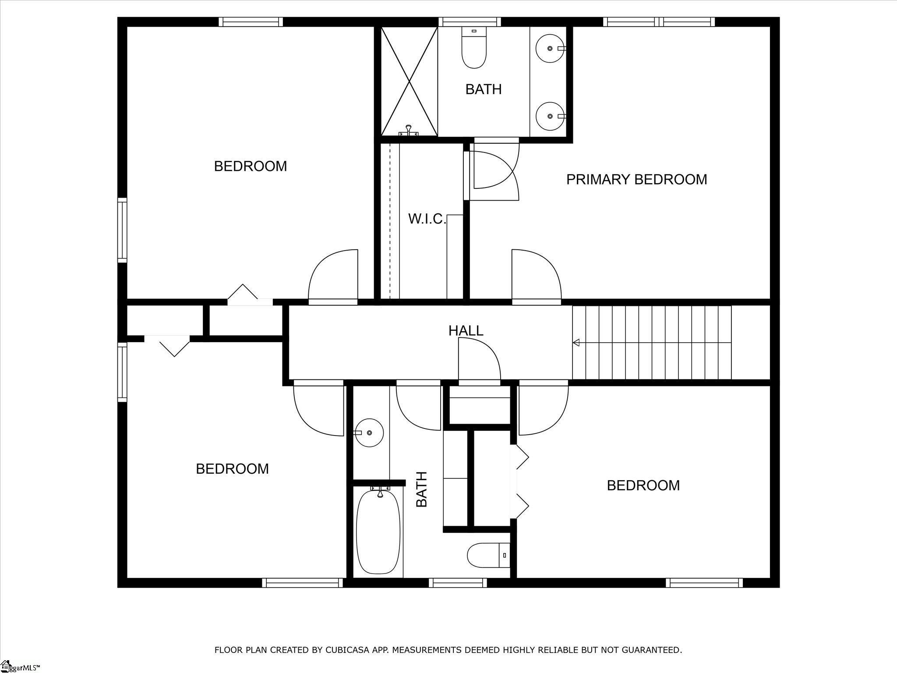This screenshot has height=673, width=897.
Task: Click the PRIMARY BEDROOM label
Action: (636, 179)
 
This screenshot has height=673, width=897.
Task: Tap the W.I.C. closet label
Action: (427, 219)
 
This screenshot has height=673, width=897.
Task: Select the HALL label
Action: (466, 330)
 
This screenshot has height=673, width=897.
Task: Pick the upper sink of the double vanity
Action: (550, 48)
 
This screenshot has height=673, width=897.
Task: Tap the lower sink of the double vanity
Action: (550, 116)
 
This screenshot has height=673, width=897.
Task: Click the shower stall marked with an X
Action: (409, 81)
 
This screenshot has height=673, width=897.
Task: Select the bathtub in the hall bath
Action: (378, 532)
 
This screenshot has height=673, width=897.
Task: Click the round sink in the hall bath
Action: (369, 432)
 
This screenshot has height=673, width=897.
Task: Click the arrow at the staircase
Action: (576, 343)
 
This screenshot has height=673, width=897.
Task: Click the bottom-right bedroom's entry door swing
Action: (543, 410)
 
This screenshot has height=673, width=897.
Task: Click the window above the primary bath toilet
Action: (470, 22)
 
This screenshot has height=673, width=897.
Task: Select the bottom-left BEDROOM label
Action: (232, 469)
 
